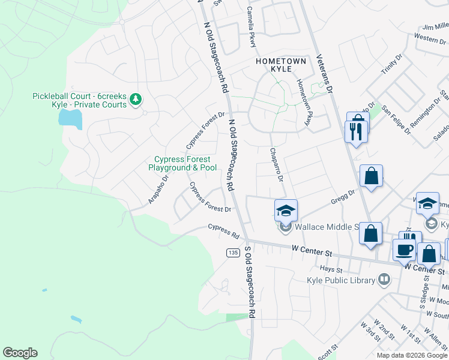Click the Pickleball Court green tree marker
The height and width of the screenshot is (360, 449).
136,98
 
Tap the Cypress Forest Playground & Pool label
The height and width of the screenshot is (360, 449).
182,163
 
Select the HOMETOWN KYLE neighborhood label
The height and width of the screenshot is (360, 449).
281,65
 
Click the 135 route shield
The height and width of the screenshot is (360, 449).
234,253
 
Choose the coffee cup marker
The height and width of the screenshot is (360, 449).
404,250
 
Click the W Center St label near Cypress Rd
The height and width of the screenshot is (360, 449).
312,248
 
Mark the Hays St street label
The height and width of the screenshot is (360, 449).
343,269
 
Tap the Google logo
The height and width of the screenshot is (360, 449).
20,353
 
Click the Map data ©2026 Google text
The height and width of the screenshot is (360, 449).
411,355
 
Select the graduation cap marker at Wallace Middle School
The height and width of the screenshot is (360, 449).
286,211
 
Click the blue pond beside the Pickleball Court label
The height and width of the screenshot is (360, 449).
70,118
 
